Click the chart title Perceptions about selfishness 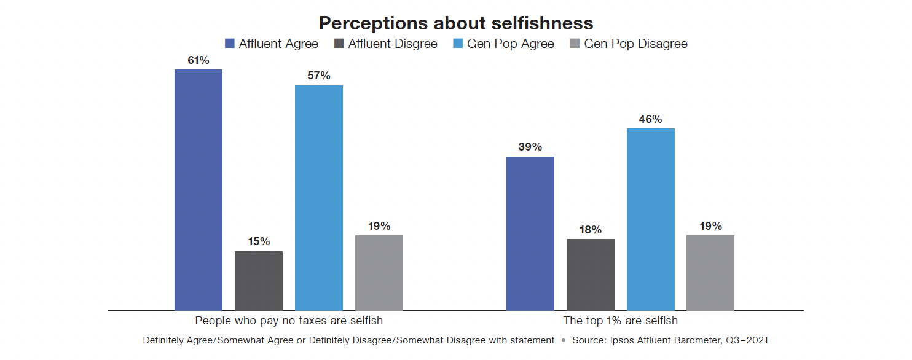point(455,23)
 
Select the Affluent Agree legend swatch point(230,44)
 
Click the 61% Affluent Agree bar point(199,190)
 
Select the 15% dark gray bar point(259,281)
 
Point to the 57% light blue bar point(319,198)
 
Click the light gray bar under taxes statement point(379,273)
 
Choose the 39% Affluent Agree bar point(530,233)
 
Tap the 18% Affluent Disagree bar point(590,275)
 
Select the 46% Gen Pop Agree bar point(650,219)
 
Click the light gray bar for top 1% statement point(710,273)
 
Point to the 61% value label point(199,60)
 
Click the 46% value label point(650,119)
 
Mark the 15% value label point(259,241)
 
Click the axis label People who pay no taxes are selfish point(289,321)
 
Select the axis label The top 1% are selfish point(620,321)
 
